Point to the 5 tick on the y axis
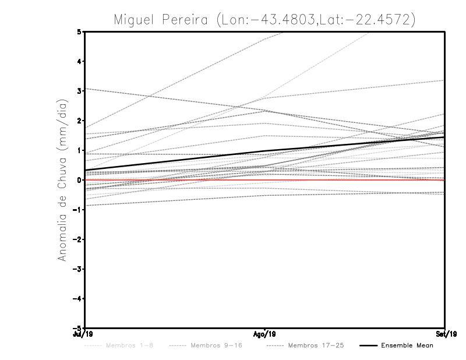tap(79, 31)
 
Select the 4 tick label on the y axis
tap(79, 61)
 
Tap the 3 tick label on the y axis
tap(79, 91)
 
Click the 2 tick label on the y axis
tap(79, 121)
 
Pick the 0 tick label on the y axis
tap(79, 180)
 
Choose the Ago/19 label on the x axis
tap(264, 334)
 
